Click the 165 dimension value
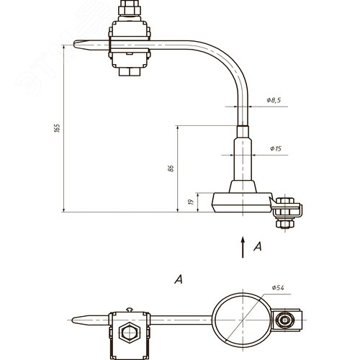tap(57, 128)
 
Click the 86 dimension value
tap(171, 168)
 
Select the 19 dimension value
tap(191, 202)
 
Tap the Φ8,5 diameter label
tap(274, 100)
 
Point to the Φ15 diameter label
tap(276, 148)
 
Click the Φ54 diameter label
tap(278, 287)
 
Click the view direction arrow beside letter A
tap(243, 247)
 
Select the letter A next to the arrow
tap(258, 246)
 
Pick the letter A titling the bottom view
tap(179, 279)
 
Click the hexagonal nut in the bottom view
tap(130, 333)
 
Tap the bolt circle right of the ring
tap(285, 320)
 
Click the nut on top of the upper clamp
tap(130, 8)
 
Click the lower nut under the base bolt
tap(285, 224)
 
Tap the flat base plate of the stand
tap(242, 202)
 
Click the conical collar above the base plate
tap(243, 186)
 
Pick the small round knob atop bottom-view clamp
tap(130, 310)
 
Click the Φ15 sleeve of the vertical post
tap(243, 159)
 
